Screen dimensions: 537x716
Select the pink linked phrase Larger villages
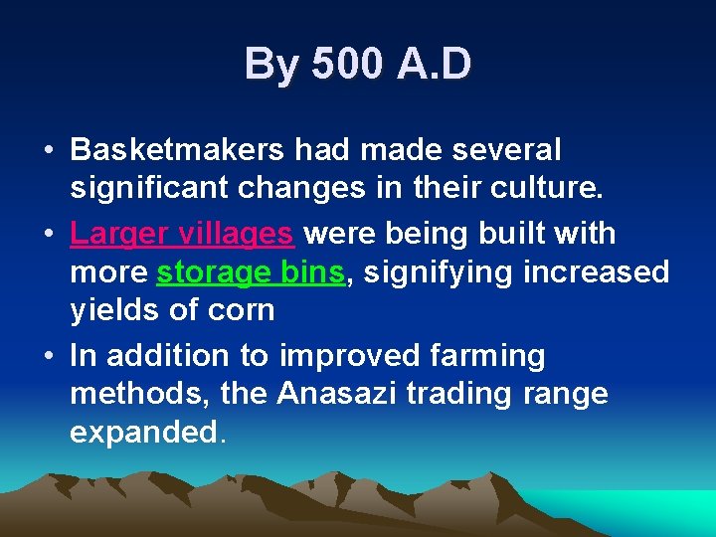182,234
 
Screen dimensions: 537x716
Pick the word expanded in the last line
145,434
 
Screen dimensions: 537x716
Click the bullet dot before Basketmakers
49,151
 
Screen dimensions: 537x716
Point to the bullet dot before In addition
49,356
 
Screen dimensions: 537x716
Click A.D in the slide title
434,65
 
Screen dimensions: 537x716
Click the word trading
464,394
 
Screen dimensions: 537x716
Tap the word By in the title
270,65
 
